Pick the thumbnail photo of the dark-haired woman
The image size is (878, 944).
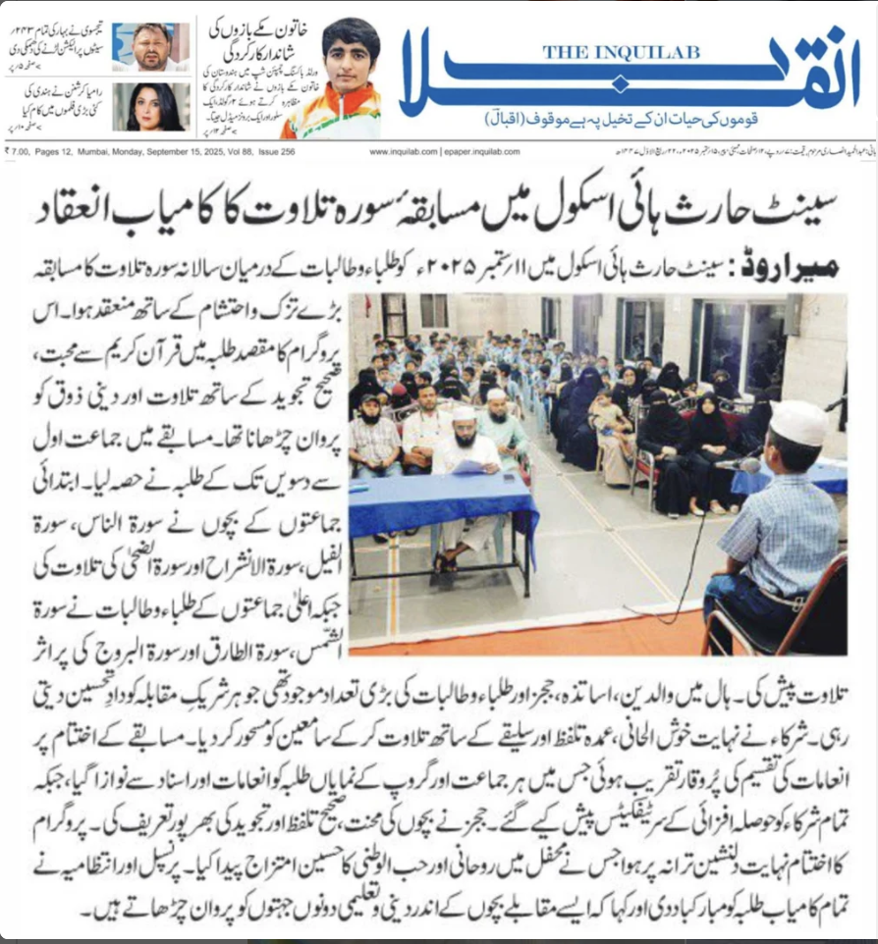[151, 106]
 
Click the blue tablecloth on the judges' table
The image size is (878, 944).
[442, 505]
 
